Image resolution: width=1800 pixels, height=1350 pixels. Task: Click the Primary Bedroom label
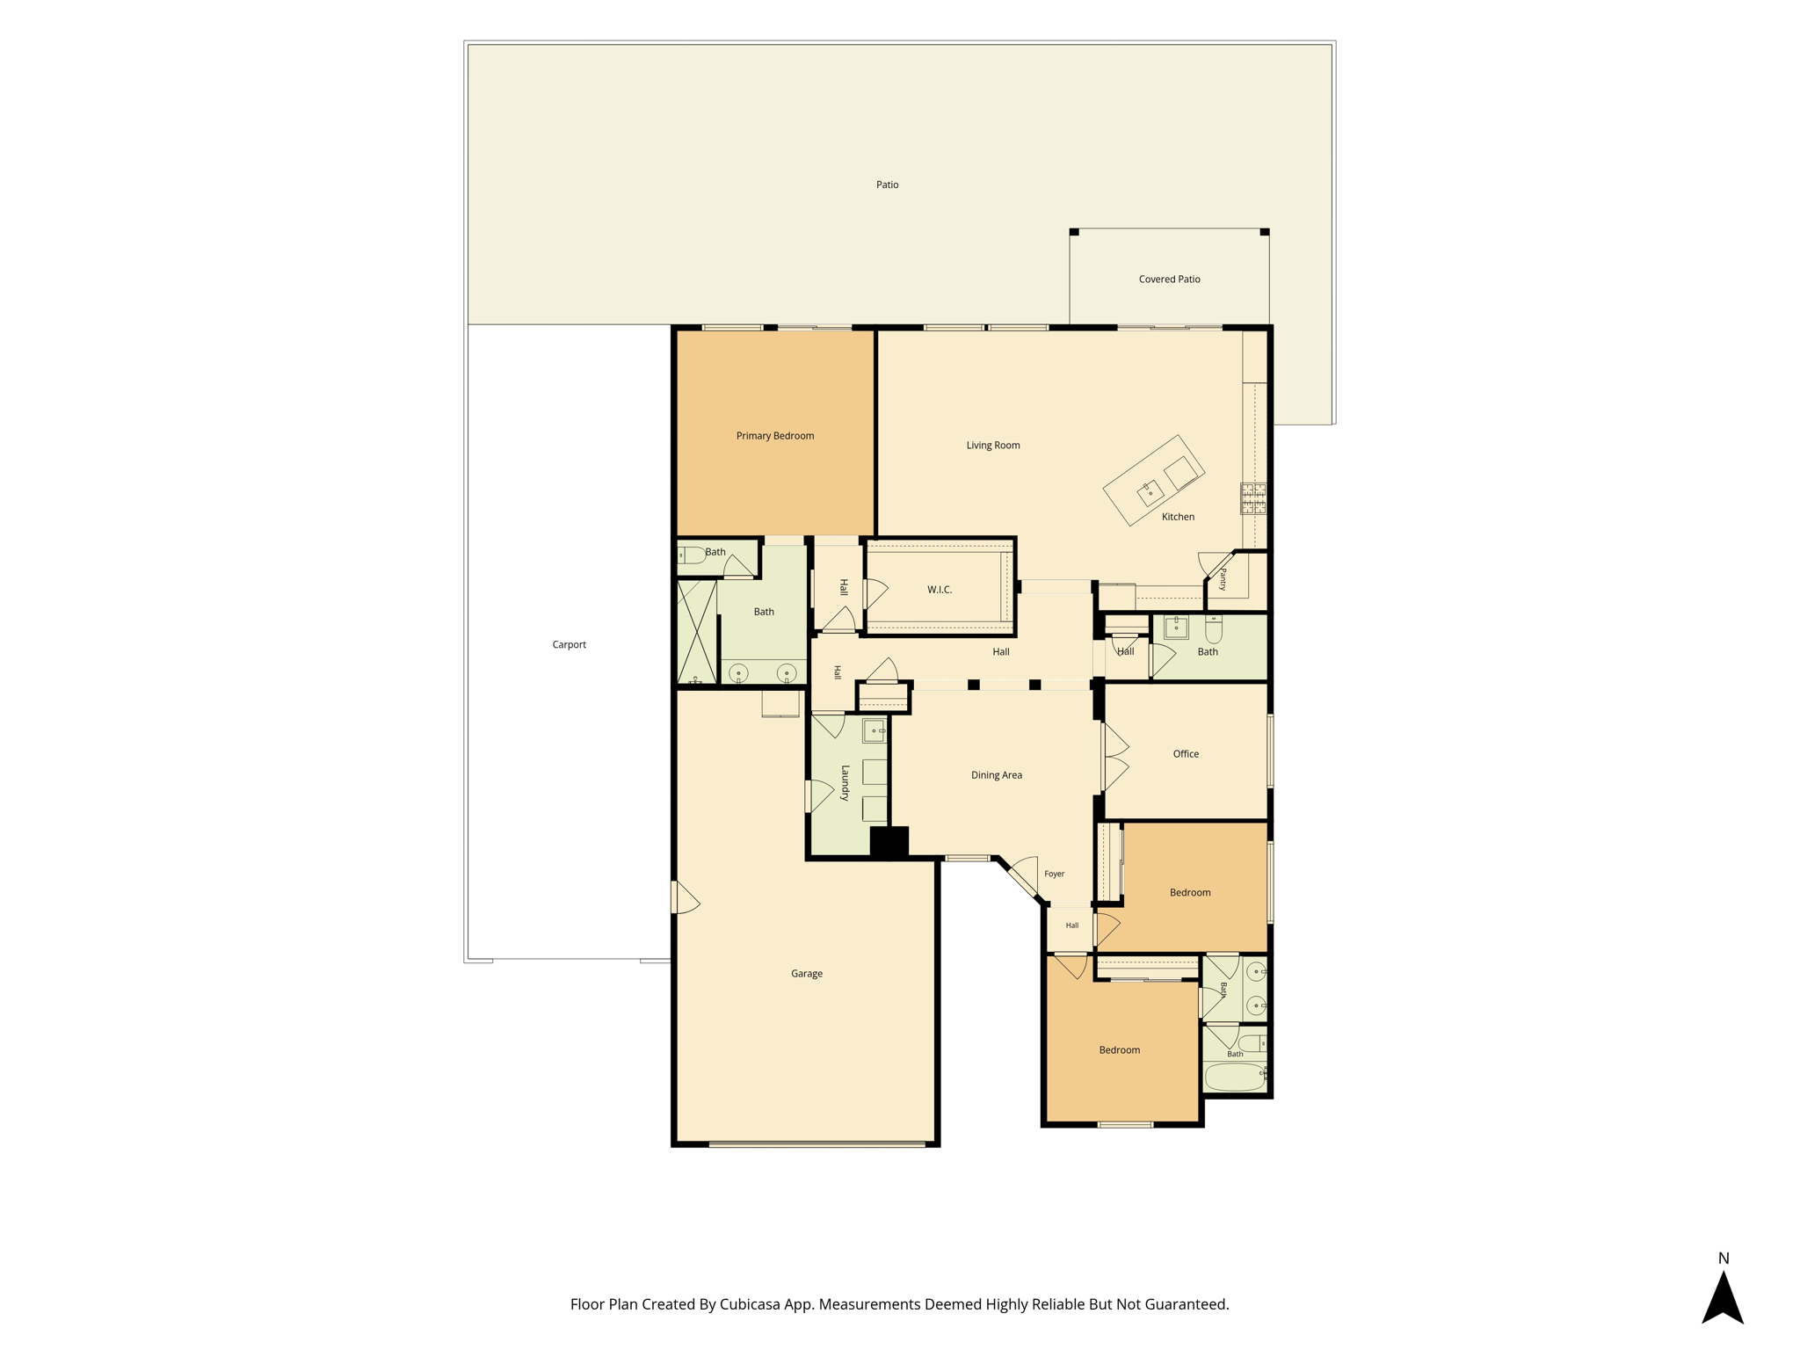(774, 436)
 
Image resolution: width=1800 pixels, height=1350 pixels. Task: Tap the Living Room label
(993, 446)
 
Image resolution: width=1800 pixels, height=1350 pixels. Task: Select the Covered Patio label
(1169, 279)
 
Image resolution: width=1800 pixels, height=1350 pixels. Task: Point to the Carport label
(569, 645)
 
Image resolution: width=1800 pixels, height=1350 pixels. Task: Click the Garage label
(807, 974)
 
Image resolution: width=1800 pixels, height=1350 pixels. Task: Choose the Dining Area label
(997, 775)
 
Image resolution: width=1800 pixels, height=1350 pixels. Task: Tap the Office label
(1186, 754)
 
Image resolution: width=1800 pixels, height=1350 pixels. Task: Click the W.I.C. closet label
(940, 590)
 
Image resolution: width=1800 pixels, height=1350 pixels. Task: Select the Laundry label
(846, 782)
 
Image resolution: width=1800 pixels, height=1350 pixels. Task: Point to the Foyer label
(1055, 874)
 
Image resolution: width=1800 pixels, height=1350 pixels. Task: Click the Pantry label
(1223, 579)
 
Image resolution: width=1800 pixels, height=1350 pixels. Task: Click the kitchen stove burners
(1253, 498)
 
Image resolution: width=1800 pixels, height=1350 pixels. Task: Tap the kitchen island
(1154, 480)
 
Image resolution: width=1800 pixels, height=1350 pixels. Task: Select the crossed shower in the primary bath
(697, 631)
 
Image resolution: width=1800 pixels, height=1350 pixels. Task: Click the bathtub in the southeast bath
(1235, 1077)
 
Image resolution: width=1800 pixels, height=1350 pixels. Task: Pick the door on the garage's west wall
(685, 897)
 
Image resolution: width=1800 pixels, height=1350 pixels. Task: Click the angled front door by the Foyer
(1024, 875)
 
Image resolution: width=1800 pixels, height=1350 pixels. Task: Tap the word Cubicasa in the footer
(751, 1304)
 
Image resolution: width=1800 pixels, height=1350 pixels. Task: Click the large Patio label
(887, 185)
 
